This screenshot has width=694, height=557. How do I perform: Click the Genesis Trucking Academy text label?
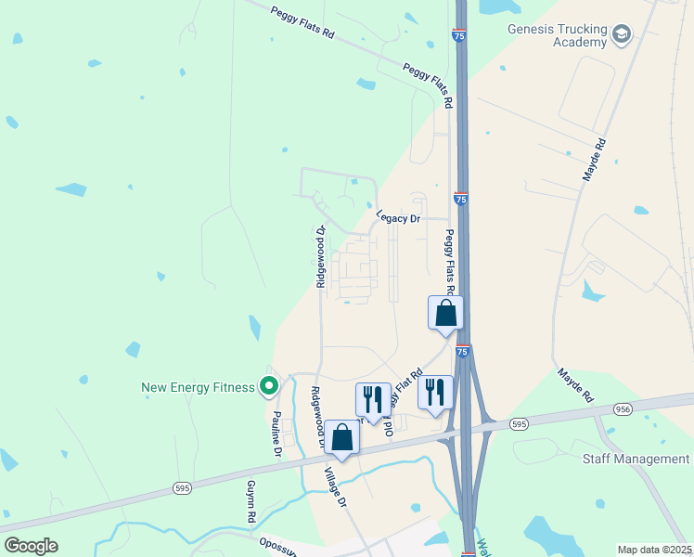click(556, 35)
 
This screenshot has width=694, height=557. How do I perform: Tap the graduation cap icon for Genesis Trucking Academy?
click(621, 36)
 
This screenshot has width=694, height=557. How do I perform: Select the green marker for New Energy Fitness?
click(269, 384)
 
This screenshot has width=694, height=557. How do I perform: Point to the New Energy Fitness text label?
click(198, 387)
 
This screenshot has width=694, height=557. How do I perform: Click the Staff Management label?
click(636, 460)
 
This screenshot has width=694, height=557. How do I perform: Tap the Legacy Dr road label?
click(398, 217)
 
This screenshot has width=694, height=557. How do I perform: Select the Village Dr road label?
click(335, 486)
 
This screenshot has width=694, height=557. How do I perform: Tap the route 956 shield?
click(623, 408)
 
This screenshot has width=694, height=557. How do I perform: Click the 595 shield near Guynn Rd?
click(182, 486)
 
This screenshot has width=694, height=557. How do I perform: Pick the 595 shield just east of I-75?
click(519, 423)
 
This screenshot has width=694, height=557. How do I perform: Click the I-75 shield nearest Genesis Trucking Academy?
click(460, 35)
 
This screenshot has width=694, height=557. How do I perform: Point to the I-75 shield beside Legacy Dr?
click(461, 199)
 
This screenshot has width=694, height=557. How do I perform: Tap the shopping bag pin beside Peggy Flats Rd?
click(445, 312)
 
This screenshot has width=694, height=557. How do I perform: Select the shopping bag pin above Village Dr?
click(341, 438)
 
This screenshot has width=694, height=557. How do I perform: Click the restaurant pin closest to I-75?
click(434, 391)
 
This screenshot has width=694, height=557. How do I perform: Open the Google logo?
click(32, 546)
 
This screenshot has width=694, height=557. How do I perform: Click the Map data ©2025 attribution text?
click(653, 550)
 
